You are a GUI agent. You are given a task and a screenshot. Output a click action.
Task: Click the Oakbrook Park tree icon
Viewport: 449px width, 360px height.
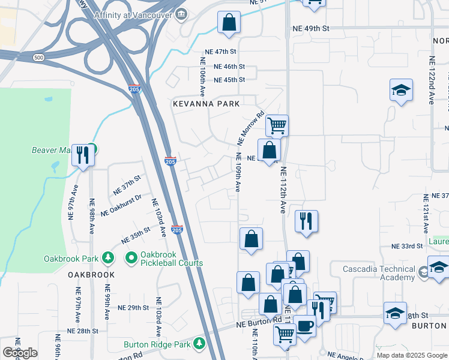(108, 258)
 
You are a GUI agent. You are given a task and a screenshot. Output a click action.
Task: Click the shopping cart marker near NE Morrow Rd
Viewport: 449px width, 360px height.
(277, 126)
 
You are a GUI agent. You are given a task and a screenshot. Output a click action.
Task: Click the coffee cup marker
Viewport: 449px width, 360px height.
(305, 326)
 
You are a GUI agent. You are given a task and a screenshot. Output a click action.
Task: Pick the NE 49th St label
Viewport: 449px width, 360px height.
(311, 28)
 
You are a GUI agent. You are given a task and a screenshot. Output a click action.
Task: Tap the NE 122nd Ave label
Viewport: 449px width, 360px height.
(432, 80)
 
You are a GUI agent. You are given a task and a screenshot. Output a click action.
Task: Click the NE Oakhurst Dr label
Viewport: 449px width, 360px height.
(121, 205)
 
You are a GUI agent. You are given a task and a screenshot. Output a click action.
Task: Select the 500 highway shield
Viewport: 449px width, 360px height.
(39, 58)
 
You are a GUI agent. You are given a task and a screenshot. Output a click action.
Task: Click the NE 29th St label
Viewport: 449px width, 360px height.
(133, 308)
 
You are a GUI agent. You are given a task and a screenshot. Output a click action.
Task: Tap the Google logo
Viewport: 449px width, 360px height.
(20, 353)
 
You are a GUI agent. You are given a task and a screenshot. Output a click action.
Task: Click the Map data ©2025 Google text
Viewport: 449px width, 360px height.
(411, 355)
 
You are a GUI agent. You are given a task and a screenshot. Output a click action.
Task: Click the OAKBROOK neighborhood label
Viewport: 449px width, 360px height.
(91, 275)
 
